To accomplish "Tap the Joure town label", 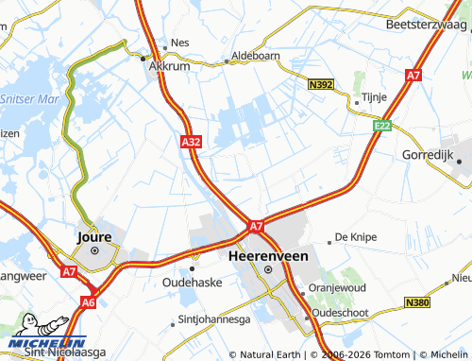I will click(93, 237).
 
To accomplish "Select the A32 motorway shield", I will click(190, 142).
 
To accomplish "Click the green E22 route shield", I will click(381, 125).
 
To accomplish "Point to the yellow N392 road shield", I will click(321, 85).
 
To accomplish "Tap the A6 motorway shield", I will click(88, 302).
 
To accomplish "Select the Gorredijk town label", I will click(430, 154).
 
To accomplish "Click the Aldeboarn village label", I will click(256, 56).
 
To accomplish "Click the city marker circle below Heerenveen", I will click(267, 269).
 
